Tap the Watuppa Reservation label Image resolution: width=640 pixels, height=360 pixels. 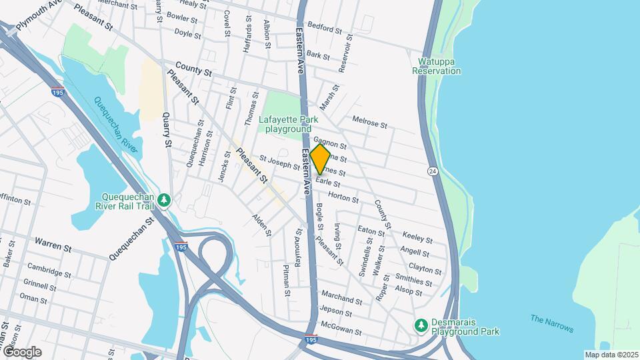(x=437, y=67)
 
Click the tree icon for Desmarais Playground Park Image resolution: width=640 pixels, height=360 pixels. (x=421, y=324)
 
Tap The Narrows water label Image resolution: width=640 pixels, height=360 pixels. (x=552, y=323)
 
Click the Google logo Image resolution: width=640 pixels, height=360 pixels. (x=22, y=351)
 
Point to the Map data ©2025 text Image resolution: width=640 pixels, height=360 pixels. (x=611, y=354)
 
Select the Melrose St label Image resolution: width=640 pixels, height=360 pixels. (x=369, y=123)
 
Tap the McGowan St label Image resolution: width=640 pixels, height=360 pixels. (x=340, y=329)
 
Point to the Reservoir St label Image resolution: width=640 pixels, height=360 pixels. (x=345, y=52)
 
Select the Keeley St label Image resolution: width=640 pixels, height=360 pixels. (x=418, y=238)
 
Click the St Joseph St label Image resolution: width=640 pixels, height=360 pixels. (x=279, y=163)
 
